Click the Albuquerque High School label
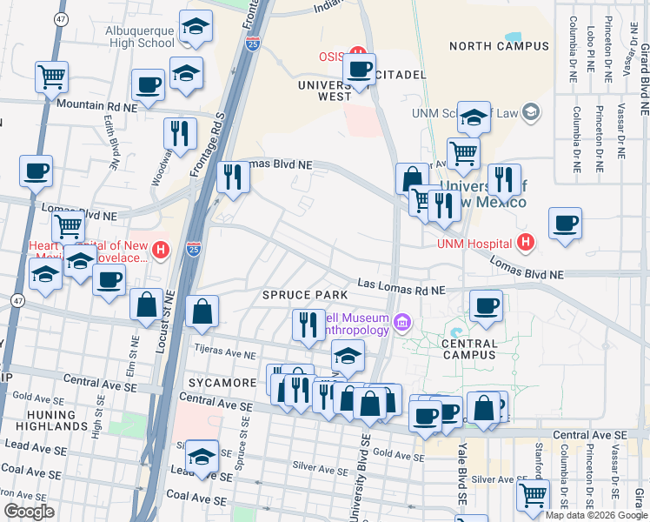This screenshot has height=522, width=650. [131, 35]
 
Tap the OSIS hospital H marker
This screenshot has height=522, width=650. [355, 55]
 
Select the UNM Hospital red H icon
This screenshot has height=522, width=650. [524, 243]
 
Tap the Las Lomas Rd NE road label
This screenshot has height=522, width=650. [401, 288]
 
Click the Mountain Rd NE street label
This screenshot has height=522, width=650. [97, 105]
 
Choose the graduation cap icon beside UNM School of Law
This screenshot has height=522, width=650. [473, 117]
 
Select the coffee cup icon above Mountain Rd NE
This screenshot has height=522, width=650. [148, 85]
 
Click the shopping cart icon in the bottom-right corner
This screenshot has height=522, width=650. [533, 495]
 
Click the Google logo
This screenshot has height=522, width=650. [29, 512]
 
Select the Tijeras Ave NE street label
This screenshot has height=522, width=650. [224, 355]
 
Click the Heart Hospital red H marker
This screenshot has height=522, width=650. [160, 251]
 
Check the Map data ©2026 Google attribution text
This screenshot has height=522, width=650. [595, 515]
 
